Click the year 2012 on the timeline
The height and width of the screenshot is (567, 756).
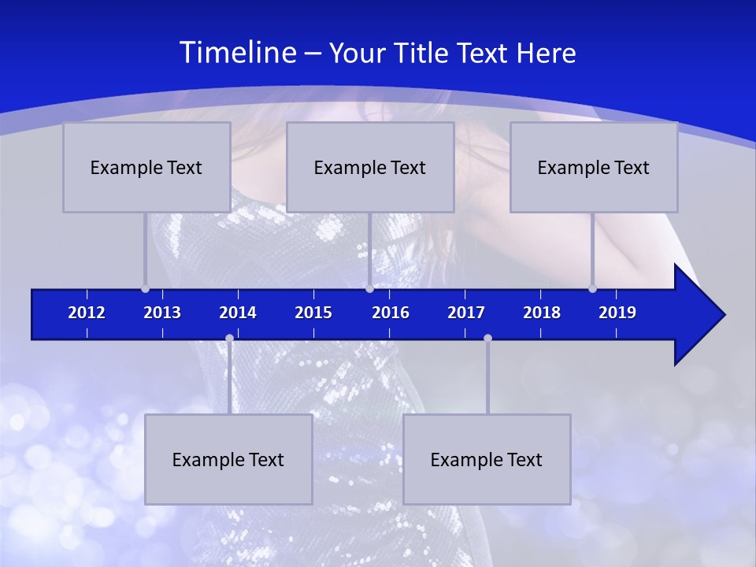coord(87,313)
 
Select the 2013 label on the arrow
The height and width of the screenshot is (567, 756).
coord(162,313)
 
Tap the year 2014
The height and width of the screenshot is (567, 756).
coord(238,313)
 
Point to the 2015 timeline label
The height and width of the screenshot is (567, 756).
coord(313,313)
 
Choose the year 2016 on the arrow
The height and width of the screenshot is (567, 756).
coord(391,313)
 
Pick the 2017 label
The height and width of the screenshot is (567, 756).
coord(466,313)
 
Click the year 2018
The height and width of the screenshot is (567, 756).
coord(542,313)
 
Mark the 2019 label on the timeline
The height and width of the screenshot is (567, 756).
coord(617,313)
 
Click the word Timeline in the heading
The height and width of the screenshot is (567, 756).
coord(237,53)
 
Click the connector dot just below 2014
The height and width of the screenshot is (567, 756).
coord(229,339)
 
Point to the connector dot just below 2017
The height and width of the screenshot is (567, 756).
coord(487,339)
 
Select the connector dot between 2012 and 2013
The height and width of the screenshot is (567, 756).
coord(146,289)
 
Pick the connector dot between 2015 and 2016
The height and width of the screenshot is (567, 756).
coord(369,289)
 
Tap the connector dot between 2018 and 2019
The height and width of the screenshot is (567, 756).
coord(592,289)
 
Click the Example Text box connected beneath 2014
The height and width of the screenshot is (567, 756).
coord(228,459)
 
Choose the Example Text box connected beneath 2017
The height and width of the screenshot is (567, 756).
coord(487,459)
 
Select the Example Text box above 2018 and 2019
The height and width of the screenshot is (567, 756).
coord(594,167)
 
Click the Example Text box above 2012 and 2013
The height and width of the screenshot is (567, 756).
coord(146,167)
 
